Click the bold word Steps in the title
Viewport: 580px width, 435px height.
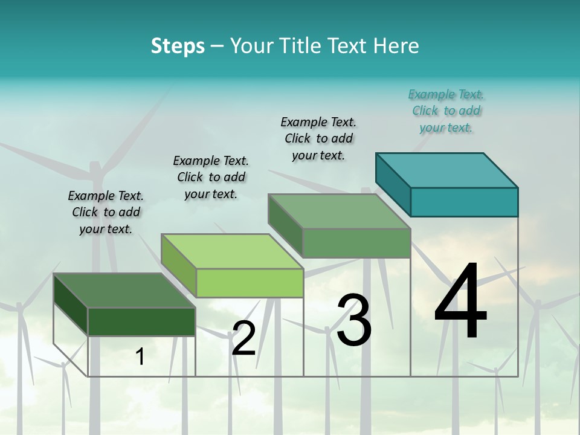coord(178,46)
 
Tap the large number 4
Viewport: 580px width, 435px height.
coord(460,302)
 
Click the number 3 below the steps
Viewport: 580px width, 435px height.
coord(353,320)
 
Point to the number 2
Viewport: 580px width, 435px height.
coord(243,338)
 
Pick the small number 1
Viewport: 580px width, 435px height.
coord(140,357)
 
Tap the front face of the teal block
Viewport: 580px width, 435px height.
coord(464,202)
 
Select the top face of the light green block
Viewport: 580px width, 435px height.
coord(233,251)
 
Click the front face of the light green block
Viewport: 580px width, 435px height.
coord(250,283)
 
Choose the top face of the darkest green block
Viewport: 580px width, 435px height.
coord(124,291)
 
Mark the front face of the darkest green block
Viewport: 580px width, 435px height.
coord(141,321)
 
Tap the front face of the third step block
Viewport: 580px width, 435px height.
coord(356,243)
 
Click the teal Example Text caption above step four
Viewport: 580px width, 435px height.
coord(446,111)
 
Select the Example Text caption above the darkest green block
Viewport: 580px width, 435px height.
coord(106,212)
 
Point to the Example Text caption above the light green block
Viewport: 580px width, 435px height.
coord(211,177)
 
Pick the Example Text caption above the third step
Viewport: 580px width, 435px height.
coord(318,138)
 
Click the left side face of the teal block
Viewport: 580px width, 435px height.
coord(393,184)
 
